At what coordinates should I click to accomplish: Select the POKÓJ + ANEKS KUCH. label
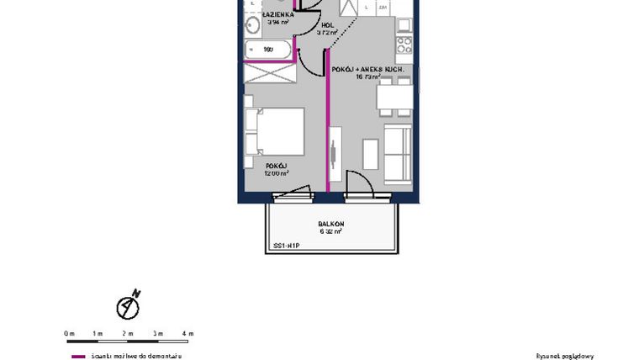[368, 68]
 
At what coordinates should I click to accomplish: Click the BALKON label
[330, 224]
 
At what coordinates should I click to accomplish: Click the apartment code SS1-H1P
[286, 246]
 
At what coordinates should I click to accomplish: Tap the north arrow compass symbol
[128, 306]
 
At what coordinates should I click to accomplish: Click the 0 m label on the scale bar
[70, 334]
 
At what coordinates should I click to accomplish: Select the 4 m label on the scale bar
[188, 334]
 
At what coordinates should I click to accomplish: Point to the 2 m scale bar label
[129, 334]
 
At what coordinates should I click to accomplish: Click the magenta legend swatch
[78, 356]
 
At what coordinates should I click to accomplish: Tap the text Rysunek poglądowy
[564, 356]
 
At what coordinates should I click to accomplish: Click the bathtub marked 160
[268, 50]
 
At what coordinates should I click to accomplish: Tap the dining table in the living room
[394, 100]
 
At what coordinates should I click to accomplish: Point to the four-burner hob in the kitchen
[404, 43]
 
